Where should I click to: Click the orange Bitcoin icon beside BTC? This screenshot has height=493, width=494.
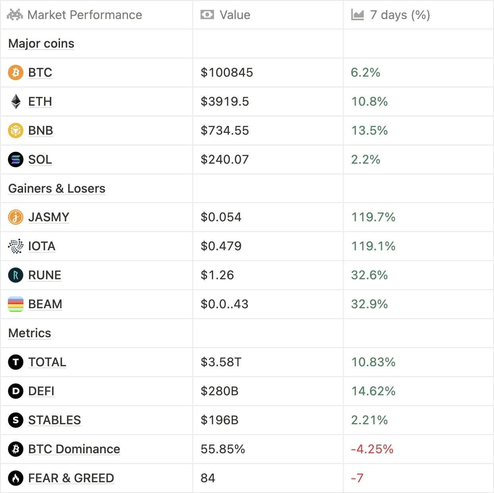tap(15, 73)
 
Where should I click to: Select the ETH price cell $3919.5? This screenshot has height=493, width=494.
tap(225, 102)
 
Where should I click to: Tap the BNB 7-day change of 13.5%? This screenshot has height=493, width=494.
tap(369, 131)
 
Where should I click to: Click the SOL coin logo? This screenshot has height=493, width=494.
tap(15, 160)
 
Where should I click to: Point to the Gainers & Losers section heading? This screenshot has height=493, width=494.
tap(57, 188)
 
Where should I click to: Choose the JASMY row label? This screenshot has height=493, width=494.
tap(48, 217)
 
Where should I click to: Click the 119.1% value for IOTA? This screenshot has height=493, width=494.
tap(373, 246)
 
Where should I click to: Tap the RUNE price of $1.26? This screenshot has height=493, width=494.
tap(217, 275)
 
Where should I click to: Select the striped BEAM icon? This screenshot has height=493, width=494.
tap(15, 304)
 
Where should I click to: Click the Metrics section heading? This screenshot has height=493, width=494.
tap(30, 333)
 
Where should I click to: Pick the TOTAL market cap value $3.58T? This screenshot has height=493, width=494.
tap(221, 362)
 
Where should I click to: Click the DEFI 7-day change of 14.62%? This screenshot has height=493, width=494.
tap(373, 391)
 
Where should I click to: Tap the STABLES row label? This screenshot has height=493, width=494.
tap(54, 420)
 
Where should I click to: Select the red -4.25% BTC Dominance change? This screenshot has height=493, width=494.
tap(372, 449)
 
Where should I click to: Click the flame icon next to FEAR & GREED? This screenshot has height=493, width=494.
tap(15, 478)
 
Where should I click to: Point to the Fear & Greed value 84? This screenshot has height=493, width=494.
tap(208, 478)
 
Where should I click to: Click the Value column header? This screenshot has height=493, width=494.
tap(234, 15)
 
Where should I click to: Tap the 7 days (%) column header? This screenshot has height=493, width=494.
tap(400, 15)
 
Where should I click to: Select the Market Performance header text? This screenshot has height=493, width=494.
tap(85, 15)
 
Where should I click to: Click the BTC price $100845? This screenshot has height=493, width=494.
tap(227, 73)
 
